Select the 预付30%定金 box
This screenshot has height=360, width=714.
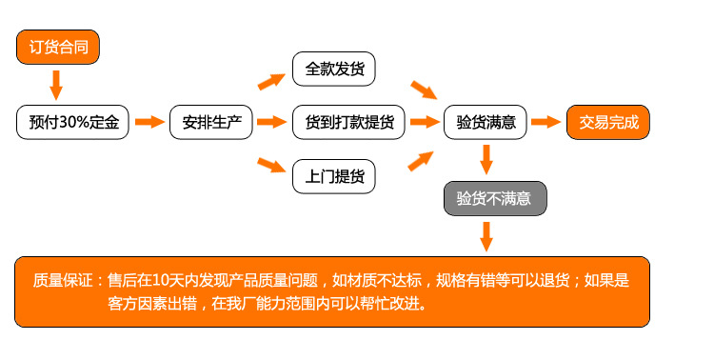pyautogui.click(x=72, y=122)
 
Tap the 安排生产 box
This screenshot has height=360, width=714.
pyautogui.click(x=210, y=122)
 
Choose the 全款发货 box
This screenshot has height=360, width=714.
pyautogui.click(x=333, y=70)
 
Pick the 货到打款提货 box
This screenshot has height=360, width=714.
pyautogui.click(x=348, y=122)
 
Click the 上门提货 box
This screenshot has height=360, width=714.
pyautogui.click(x=333, y=176)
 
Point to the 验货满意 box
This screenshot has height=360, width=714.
pyautogui.click(x=486, y=122)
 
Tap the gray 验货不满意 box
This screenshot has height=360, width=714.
pyautogui.click(x=494, y=198)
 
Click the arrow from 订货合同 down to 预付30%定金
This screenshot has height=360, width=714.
pyautogui.click(x=56, y=85)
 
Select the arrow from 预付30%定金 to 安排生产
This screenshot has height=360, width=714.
pyautogui.click(x=150, y=122)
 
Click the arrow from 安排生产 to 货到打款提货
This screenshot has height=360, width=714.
pyautogui.click(x=272, y=122)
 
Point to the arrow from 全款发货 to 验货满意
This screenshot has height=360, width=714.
pyautogui.click(x=424, y=90)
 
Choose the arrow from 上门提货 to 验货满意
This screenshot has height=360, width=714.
pyautogui.click(x=423, y=157)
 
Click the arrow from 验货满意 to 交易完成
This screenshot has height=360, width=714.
pyautogui.click(x=545, y=122)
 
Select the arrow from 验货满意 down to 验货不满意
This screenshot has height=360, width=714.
pyautogui.click(x=486, y=158)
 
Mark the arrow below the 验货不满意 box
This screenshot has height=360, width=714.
pyautogui.click(x=486, y=235)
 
